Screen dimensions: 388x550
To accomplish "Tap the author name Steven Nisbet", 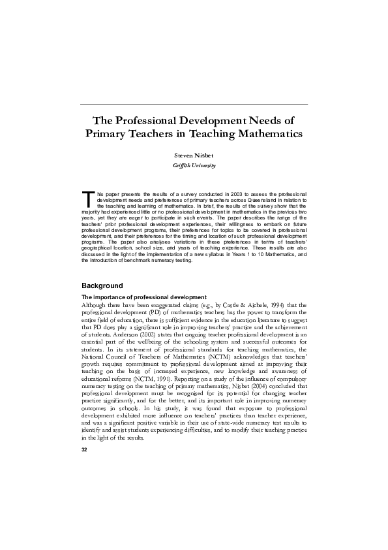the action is tap(194, 157).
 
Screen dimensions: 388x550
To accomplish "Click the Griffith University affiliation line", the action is tap(194, 167).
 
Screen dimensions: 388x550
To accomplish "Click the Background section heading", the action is tap(102, 285).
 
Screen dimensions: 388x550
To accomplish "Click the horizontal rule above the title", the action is tap(194, 104).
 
